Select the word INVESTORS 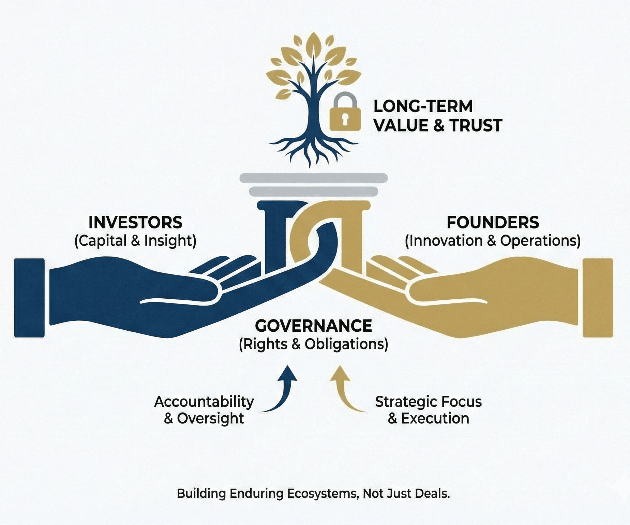click(135, 223)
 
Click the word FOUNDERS click(493, 223)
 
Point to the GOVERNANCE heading click(313, 326)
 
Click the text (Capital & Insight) click(135, 241)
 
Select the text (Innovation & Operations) click(493, 241)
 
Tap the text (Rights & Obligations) click(313, 344)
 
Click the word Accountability click(204, 402)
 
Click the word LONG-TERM click(423, 106)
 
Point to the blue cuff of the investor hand click(29, 298)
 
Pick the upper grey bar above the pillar click(313, 178)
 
